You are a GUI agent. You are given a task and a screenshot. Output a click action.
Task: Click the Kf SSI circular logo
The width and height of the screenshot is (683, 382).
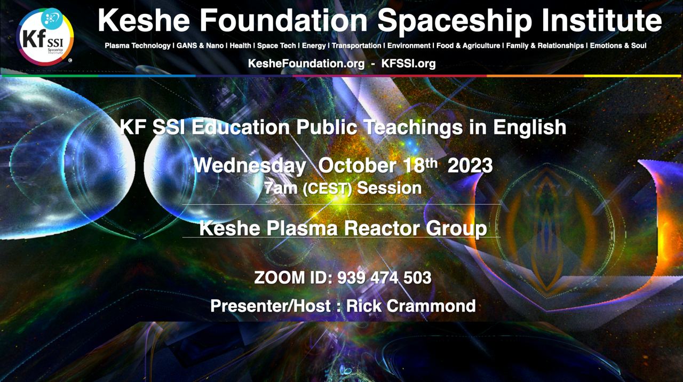pyautogui.click(x=45, y=37)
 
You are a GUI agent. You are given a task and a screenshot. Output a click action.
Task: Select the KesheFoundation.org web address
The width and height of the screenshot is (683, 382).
pyautogui.click(x=306, y=63)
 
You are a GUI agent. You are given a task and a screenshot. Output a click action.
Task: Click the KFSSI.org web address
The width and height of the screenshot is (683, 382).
pyautogui.click(x=408, y=63)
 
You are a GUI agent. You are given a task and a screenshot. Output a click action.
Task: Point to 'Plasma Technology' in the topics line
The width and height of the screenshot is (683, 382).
pyautogui.click(x=138, y=46)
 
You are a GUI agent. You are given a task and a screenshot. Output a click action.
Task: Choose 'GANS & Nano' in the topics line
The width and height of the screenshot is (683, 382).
pyautogui.click(x=200, y=46)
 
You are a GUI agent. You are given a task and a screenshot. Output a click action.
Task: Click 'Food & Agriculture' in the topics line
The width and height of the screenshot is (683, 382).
pyautogui.click(x=468, y=46)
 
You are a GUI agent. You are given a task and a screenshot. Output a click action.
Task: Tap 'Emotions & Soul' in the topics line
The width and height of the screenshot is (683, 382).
pyautogui.click(x=618, y=46)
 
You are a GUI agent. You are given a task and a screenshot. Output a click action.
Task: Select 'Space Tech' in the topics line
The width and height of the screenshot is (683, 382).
pyautogui.click(x=276, y=46)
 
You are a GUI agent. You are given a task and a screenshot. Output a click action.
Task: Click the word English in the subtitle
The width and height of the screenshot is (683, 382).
pyautogui.click(x=530, y=127)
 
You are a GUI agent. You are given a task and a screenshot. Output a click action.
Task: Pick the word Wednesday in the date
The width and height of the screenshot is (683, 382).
pyautogui.click(x=250, y=166)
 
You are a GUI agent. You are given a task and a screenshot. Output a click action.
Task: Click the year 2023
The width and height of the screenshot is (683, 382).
pyautogui.click(x=470, y=166)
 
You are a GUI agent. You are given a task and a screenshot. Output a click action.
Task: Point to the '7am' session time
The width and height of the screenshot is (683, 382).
pyautogui.click(x=281, y=188)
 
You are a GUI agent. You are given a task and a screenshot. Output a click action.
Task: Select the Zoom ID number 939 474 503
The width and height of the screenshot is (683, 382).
pyautogui.click(x=385, y=278)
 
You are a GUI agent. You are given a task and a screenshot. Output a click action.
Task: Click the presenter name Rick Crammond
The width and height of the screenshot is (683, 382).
pyautogui.click(x=411, y=306)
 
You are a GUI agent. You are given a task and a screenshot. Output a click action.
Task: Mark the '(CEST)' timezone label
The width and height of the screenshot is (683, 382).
pyautogui.click(x=328, y=189)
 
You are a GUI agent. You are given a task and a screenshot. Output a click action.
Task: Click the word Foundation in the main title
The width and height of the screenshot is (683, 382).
pyautogui.click(x=283, y=20)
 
